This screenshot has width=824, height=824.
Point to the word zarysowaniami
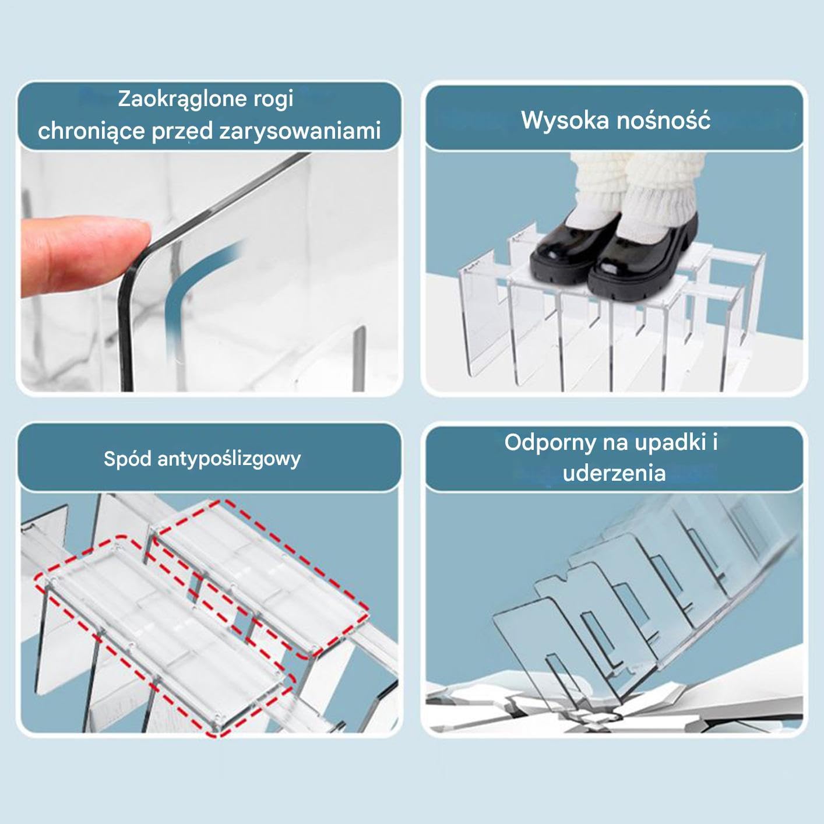300,131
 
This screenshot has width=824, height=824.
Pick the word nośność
663,120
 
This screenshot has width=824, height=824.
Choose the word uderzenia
614,473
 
